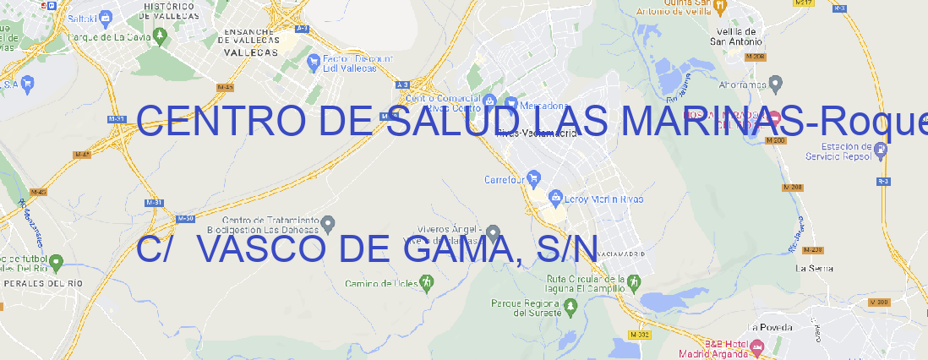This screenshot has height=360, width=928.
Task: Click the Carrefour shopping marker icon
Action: pyautogui.click(x=534, y=178)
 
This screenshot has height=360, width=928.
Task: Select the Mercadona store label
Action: pyautogui.click(x=542, y=106)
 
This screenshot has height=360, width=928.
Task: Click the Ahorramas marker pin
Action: pyautogui.click(x=777, y=84)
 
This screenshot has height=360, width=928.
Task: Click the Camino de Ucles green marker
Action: pyautogui.click(x=427, y=283)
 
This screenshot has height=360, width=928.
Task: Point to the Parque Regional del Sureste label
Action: pyautogui.click(x=526, y=307)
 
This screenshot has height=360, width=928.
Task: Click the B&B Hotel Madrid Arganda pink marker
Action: pyautogui.click(x=758, y=346)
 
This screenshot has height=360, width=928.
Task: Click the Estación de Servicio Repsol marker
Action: pyautogui.click(x=882, y=151)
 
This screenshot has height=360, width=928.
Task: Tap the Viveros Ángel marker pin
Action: pyautogui.click(x=494, y=231)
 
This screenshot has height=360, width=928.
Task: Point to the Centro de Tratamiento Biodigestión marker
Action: pyautogui.click(x=330, y=223)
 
